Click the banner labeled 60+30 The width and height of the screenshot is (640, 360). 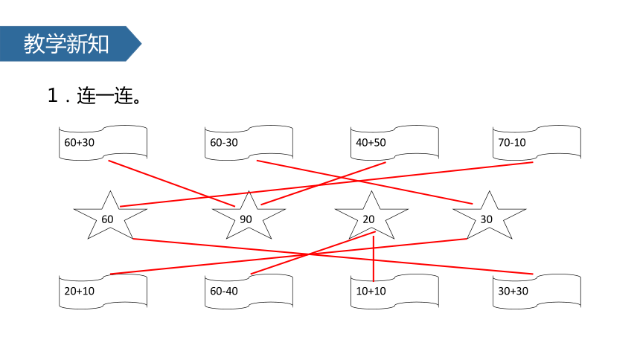coord(103,143)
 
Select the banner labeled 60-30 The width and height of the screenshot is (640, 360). coord(249,143)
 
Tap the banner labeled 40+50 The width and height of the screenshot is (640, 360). coord(394,143)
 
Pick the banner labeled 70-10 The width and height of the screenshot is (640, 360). coord(537,143)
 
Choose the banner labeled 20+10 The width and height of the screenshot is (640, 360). coord(103,291)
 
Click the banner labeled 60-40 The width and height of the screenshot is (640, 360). coord(249,291)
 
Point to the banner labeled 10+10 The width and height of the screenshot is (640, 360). coord(394,291)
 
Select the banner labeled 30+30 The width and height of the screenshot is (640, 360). coord(537,291)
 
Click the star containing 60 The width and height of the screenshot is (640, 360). coord(110,216)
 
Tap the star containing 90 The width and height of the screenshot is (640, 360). coord(249,216)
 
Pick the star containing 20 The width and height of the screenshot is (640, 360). coord(371,216)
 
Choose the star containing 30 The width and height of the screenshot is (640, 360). coord(490,216)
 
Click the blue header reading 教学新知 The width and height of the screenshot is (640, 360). coord(66,44)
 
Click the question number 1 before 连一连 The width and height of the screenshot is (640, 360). coord(53,95)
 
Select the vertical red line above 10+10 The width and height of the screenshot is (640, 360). coord(374,259)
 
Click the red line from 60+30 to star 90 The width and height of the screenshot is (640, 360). coord(171,184)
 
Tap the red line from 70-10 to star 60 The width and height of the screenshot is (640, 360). coord(327,184)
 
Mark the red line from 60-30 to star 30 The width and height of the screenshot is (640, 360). coord(365,182)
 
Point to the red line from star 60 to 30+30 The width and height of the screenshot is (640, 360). coord(333,257)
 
